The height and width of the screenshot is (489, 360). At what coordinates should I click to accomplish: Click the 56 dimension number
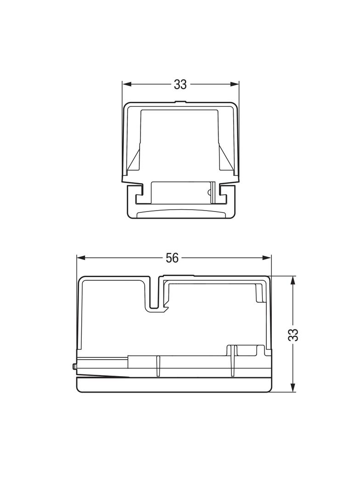tap(172, 258)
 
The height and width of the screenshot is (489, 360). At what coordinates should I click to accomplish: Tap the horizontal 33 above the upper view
tap(180, 84)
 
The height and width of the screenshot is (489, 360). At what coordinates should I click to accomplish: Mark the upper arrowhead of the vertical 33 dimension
tap(293, 280)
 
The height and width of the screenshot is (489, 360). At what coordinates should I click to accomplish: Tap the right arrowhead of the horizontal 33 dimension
tap(235, 84)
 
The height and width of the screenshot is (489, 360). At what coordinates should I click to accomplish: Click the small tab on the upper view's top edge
tap(180, 101)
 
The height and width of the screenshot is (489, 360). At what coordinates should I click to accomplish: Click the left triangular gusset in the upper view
tap(134, 159)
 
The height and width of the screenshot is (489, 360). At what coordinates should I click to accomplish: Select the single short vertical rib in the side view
tap(157, 366)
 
